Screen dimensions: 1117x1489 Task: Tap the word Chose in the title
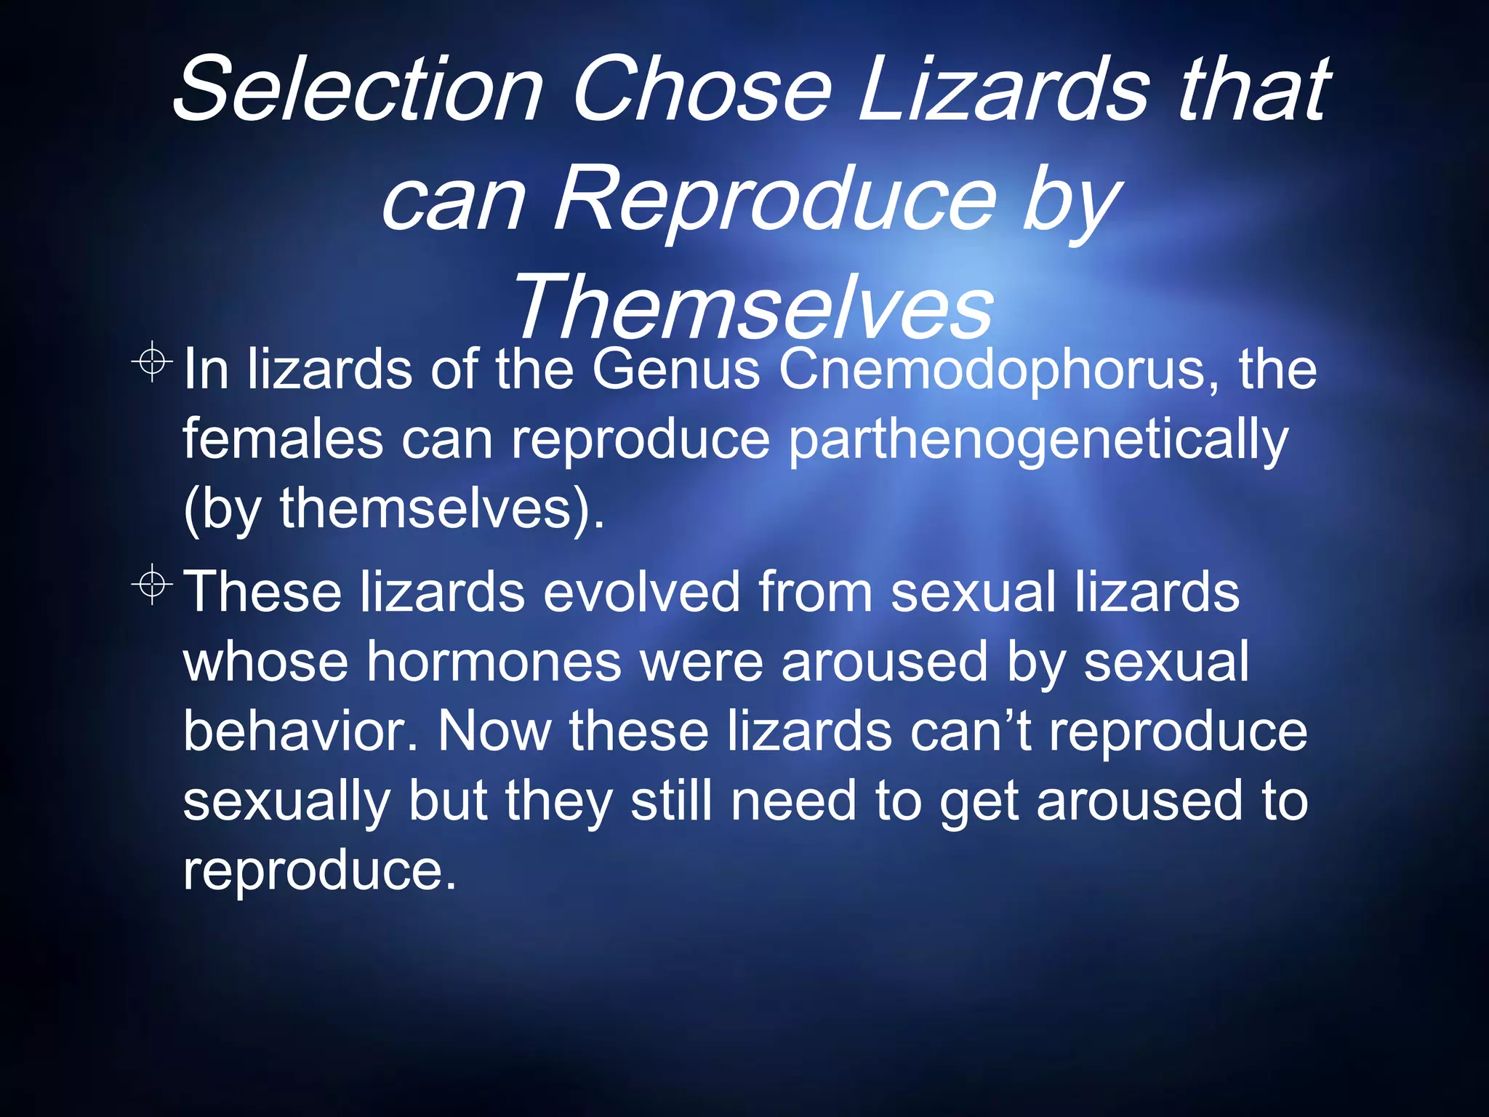point(701,89)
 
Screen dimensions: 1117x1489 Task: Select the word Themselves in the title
point(752,307)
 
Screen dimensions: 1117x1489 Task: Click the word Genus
point(676,369)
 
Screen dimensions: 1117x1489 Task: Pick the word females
point(282,439)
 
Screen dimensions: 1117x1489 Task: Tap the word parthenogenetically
point(1038,441)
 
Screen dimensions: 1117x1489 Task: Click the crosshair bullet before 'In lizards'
point(152,360)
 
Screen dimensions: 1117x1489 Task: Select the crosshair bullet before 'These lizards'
point(152,583)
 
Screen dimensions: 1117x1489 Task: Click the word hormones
point(494,662)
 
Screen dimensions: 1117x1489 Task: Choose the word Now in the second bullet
point(494,731)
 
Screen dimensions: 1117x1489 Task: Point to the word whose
point(266,662)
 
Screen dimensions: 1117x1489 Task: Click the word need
point(794,800)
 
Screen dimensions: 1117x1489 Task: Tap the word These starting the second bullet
point(262,591)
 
